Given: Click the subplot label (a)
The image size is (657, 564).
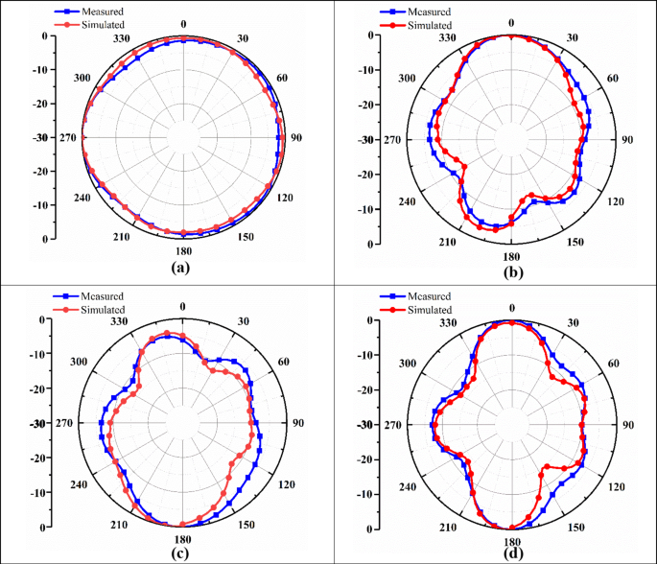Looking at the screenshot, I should [x=179, y=268].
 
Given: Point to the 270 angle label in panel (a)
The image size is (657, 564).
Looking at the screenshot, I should [x=67, y=138].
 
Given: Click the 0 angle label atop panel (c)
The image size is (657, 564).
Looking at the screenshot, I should [x=182, y=307].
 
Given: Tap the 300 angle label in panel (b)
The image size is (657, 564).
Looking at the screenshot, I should [x=410, y=79].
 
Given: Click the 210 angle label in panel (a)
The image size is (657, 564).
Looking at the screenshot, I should [x=120, y=238].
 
